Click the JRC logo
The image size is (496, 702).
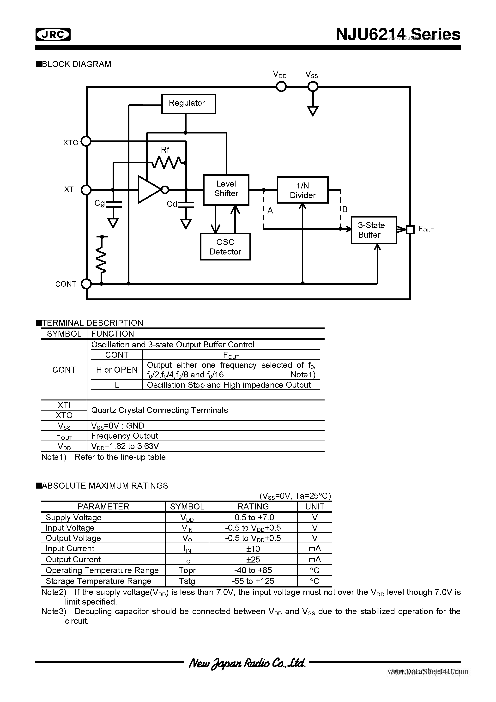click(x=53, y=35)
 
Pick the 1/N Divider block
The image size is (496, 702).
click(x=302, y=190)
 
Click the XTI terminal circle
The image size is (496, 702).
click(x=86, y=190)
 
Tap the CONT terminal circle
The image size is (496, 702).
click(x=86, y=284)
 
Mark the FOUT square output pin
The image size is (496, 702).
click(x=410, y=229)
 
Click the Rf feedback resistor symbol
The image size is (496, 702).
click(x=167, y=163)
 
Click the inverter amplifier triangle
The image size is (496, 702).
click(x=150, y=190)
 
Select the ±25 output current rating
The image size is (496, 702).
click(x=253, y=560)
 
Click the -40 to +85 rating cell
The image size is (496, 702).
click(x=253, y=570)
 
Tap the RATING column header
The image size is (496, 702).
click(x=253, y=507)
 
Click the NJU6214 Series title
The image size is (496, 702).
click(x=398, y=34)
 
